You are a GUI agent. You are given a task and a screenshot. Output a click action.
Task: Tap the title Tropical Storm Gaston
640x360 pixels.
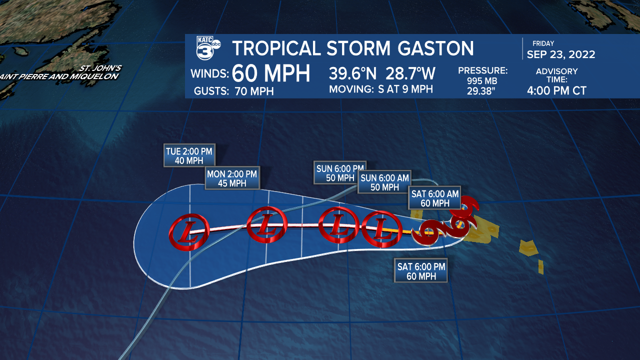(x=353, y=48)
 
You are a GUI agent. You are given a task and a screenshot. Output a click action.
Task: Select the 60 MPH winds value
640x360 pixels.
(x=271, y=74)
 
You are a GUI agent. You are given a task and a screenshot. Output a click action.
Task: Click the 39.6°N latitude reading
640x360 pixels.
(x=353, y=74)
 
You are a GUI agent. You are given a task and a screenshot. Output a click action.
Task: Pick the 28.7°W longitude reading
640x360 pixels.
(x=410, y=74)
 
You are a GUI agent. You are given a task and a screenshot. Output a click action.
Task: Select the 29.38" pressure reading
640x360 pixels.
(x=482, y=91)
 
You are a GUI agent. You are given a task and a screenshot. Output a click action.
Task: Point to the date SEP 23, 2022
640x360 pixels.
(x=560, y=54)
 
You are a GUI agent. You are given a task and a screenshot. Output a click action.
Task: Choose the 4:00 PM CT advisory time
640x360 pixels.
(x=556, y=91)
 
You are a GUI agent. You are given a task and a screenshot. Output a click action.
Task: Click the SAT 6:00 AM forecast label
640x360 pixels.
(x=434, y=198)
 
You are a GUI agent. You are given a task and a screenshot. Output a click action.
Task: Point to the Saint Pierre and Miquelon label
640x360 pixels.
(x=59, y=76)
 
